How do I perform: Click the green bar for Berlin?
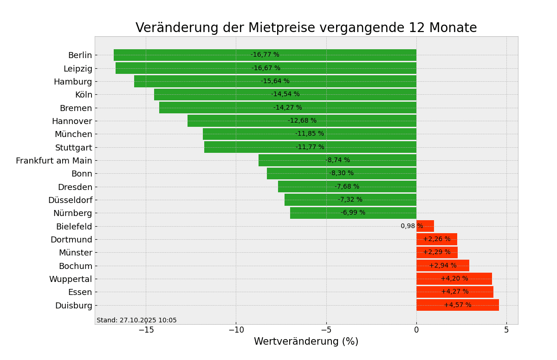pyautogui.click(x=186, y=55)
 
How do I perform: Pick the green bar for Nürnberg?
pyautogui.click(x=316, y=213)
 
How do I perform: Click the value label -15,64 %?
pyautogui.click(x=275, y=81)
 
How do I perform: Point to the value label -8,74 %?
pyautogui.click(x=337, y=160)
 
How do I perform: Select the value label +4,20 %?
pyautogui.click(x=454, y=279)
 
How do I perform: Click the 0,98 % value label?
pyautogui.click(x=411, y=226)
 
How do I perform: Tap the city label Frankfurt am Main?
pyautogui.click(x=54, y=161)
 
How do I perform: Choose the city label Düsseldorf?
pyautogui.click(x=70, y=200)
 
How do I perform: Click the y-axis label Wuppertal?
pyautogui.click(x=71, y=279)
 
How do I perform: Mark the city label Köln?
pyautogui.click(x=84, y=95)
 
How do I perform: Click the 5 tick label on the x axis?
pyautogui.click(x=506, y=330)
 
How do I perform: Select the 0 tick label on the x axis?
pyautogui.click(x=416, y=330)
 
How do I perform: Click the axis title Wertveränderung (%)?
pyautogui.click(x=306, y=342)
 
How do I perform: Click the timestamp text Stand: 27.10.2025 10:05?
pyautogui.click(x=136, y=320)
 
